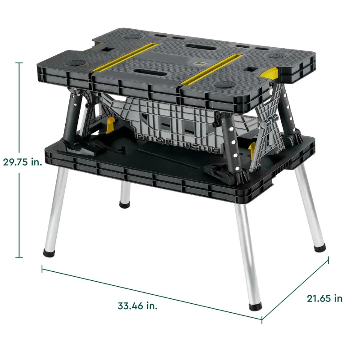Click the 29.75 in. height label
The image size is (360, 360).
click(x=22, y=162)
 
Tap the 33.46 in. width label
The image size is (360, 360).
click(x=138, y=306)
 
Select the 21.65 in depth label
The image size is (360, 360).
click(x=324, y=298)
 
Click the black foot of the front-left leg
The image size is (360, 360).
click(x=49, y=253)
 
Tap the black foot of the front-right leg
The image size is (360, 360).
click(x=255, y=306)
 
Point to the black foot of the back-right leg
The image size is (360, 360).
click(x=320, y=248)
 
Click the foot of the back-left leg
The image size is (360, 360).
click(x=125, y=204)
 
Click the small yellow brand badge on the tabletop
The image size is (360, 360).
click(x=199, y=63)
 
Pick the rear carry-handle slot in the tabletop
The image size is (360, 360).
click(x=201, y=47)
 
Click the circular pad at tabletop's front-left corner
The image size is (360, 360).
click(x=76, y=62)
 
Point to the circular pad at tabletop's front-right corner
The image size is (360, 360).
click(x=225, y=84)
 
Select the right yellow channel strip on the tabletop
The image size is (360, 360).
click(x=211, y=69)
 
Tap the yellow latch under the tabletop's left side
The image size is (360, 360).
click(x=110, y=125)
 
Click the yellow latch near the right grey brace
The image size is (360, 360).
click(x=252, y=150)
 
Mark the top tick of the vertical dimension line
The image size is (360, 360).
click(x=19, y=63)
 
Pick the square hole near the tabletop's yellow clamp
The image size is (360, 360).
click(x=251, y=69)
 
